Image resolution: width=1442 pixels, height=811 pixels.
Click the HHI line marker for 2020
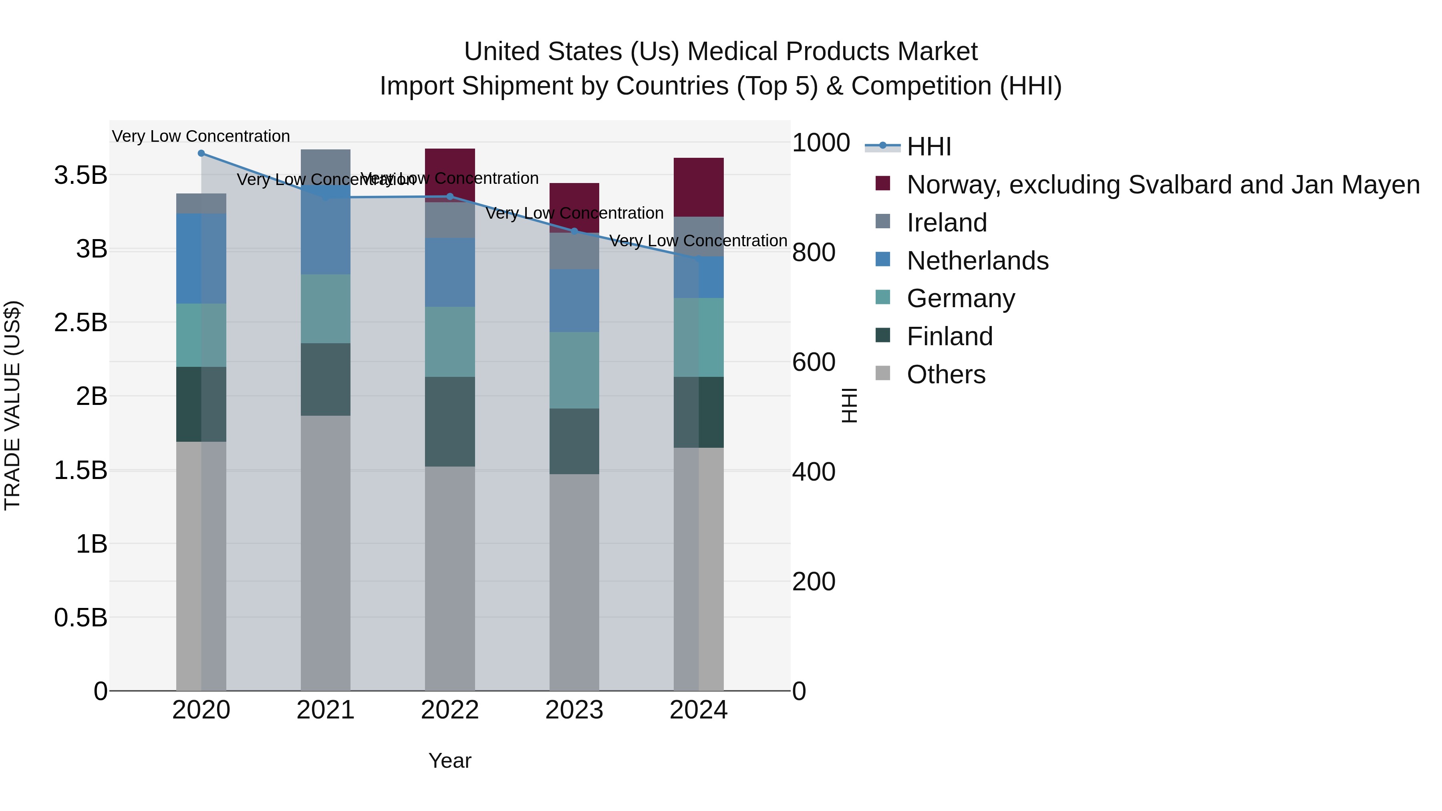tap(201, 153)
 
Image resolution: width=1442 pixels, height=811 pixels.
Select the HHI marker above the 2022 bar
tap(450, 197)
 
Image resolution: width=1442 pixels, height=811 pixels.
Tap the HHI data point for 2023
tap(574, 231)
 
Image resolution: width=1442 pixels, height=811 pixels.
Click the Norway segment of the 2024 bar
tap(699, 187)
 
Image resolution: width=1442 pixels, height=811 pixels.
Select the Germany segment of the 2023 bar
tap(574, 370)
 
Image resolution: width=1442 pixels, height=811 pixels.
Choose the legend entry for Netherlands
tap(977, 261)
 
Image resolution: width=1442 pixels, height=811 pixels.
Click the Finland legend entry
tap(949, 336)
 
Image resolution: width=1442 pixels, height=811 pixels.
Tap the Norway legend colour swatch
tap(883, 183)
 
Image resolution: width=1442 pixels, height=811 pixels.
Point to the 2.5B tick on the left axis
tap(81, 322)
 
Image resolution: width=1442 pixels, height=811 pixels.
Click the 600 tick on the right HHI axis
tap(814, 362)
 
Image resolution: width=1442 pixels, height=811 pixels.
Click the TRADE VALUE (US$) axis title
tap(12, 405)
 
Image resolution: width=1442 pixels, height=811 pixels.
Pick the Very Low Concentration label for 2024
tap(698, 241)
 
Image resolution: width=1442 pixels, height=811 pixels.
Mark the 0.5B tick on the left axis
tap(81, 618)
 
